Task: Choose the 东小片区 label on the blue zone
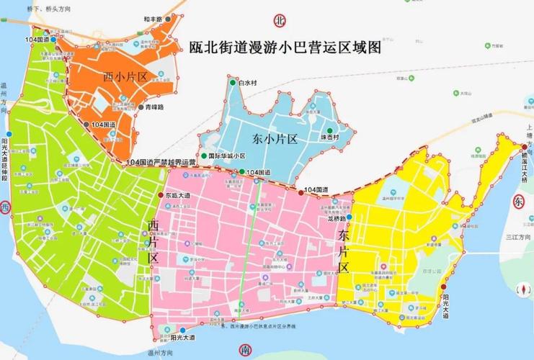coord(275,139)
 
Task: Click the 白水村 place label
coord(249,84)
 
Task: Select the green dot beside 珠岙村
coord(329,130)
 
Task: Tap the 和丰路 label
coord(151,19)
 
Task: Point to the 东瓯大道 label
coord(177,195)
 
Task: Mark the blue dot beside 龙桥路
coord(349,217)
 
